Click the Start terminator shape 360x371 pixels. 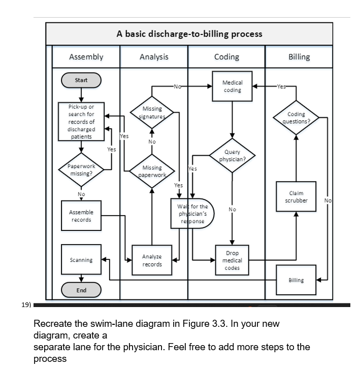click(81, 80)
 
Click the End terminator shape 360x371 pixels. click(81, 290)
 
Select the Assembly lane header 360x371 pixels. click(86, 57)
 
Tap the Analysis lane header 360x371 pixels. click(154, 57)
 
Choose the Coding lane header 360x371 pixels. click(226, 57)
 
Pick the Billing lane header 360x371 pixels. click(299, 57)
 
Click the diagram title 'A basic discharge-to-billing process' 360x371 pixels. click(189, 34)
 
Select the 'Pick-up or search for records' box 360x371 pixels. click(81, 122)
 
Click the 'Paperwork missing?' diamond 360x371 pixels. click(81, 170)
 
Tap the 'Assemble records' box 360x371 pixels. click(81, 216)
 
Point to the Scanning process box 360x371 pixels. click(81, 260)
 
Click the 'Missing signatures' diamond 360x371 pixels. click(152, 112)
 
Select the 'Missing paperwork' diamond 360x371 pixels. click(152, 171)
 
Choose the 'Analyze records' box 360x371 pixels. click(152, 260)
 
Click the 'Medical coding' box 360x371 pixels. click(232, 86)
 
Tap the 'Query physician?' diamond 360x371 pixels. click(232, 156)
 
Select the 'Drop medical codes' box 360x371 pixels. click(232, 260)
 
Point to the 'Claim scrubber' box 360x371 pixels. click(296, 197)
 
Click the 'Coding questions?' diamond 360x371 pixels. click(296, 118)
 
